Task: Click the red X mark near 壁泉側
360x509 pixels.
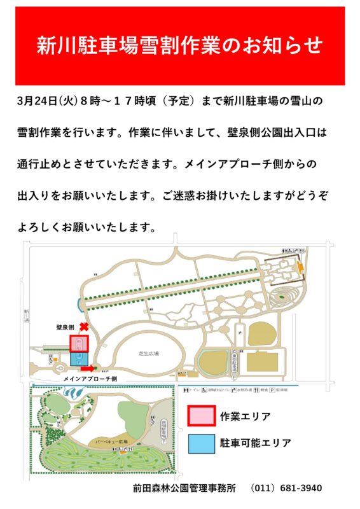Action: (83, 326)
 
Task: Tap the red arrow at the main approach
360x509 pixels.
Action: (87, 367)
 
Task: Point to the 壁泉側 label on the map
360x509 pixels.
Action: (66, 326)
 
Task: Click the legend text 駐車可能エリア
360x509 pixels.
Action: (256, 442)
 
